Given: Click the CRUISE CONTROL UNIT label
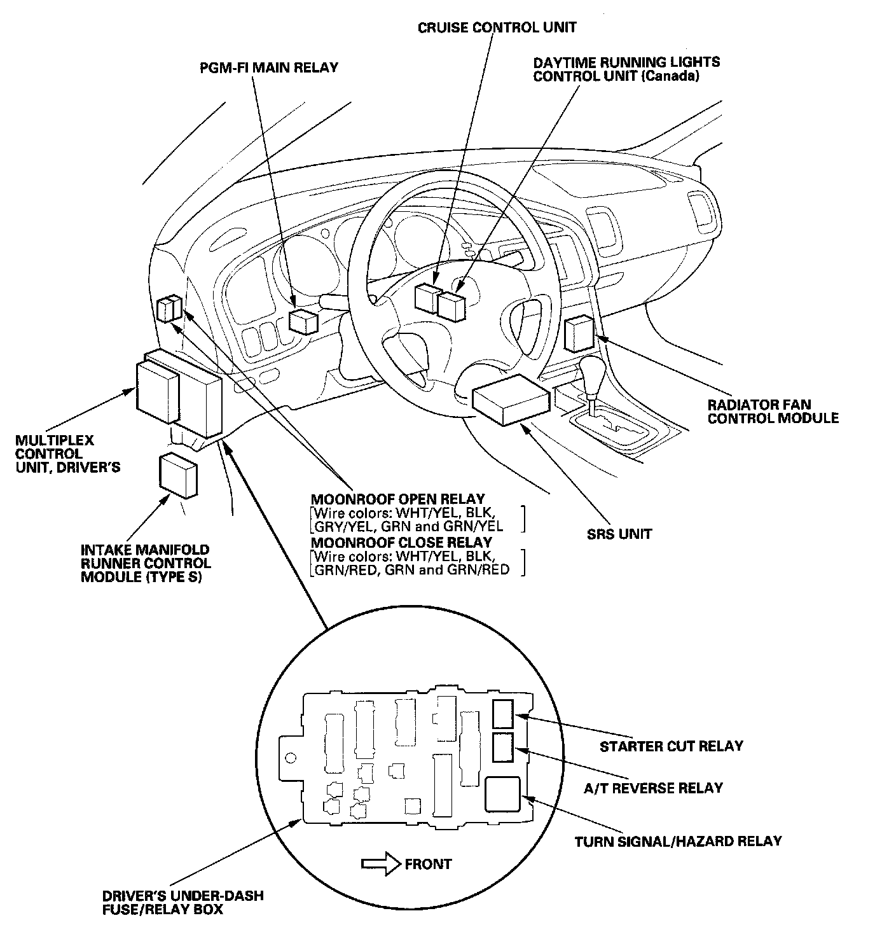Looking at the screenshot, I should (x=497, y=27).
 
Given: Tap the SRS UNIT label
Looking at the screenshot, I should (x=619, y=534).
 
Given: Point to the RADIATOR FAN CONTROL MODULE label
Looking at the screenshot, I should (x=773, y=412).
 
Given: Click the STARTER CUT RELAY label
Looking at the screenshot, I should (x=671, y=746).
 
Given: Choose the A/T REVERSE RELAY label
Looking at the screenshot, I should (x=653, y=788).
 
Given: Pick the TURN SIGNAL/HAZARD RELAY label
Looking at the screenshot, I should (x=678, y=841).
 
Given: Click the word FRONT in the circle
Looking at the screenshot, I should (x=428, y=864).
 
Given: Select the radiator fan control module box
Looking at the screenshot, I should (x=579, y=333).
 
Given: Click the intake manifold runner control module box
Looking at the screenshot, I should (x=177, y=475).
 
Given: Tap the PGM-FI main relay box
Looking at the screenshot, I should (x=303, y=321).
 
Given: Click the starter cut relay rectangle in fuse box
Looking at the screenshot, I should (x=503, y=713).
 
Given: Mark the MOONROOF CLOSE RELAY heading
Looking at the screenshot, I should (x=401, y=542).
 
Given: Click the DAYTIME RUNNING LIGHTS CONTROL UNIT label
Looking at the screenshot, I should (x=626, y=69).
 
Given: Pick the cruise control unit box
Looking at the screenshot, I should (x=426, y=297).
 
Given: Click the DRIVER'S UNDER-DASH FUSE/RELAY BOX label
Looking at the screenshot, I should (x=183, y=903).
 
